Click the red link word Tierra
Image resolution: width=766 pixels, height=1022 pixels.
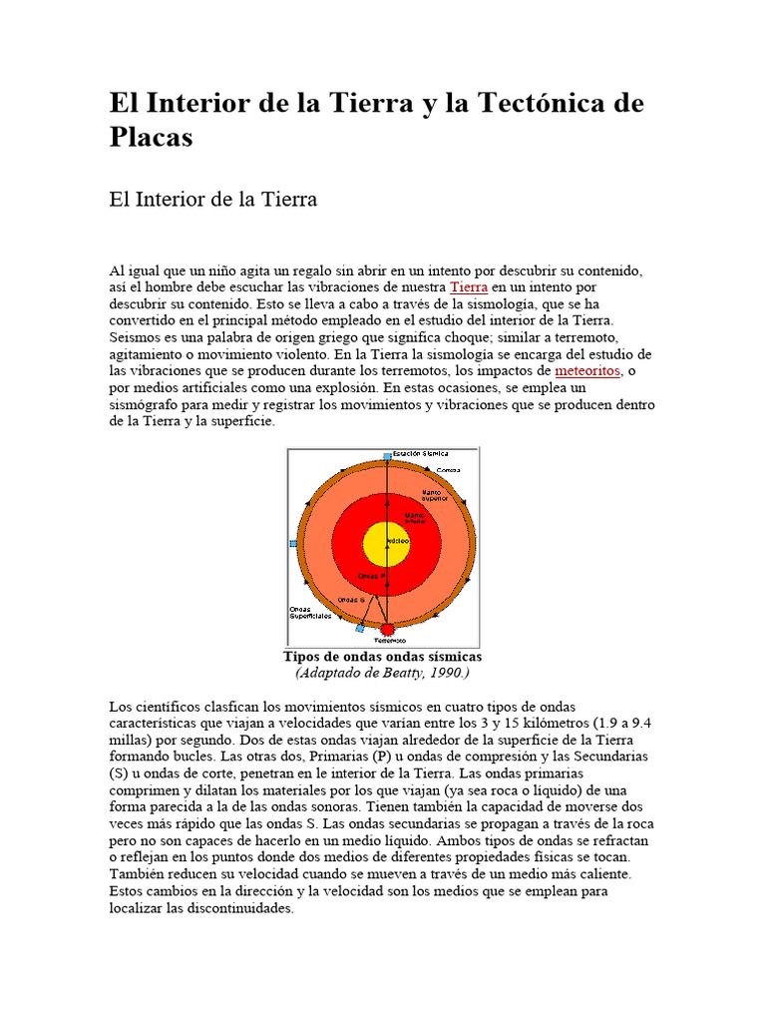(x=469, y=286)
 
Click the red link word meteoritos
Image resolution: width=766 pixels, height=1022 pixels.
(x=587, y=370)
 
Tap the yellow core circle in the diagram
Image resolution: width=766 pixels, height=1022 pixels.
(x=386, y=544)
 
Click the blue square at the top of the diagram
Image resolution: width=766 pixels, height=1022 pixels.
(x=387, y=456)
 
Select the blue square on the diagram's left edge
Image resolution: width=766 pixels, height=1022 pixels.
(x=293, y=544)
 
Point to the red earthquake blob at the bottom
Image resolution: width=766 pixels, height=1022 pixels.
(x=387, y=631)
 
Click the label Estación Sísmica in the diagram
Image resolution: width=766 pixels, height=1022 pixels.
(x=420, y=453)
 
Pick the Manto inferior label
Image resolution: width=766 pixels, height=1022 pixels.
(x=413, y=518)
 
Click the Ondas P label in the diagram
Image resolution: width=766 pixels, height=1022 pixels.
(x=370, y=577)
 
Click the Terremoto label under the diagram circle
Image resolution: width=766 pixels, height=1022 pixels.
(x=389, y=641)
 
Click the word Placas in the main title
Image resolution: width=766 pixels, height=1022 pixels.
(x=151, y=137)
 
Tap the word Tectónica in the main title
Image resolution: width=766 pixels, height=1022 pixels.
(x=539, y=103)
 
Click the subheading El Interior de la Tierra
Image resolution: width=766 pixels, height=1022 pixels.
(x=212, y=200)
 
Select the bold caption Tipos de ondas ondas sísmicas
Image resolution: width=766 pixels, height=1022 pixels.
(x=382, y=657)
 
